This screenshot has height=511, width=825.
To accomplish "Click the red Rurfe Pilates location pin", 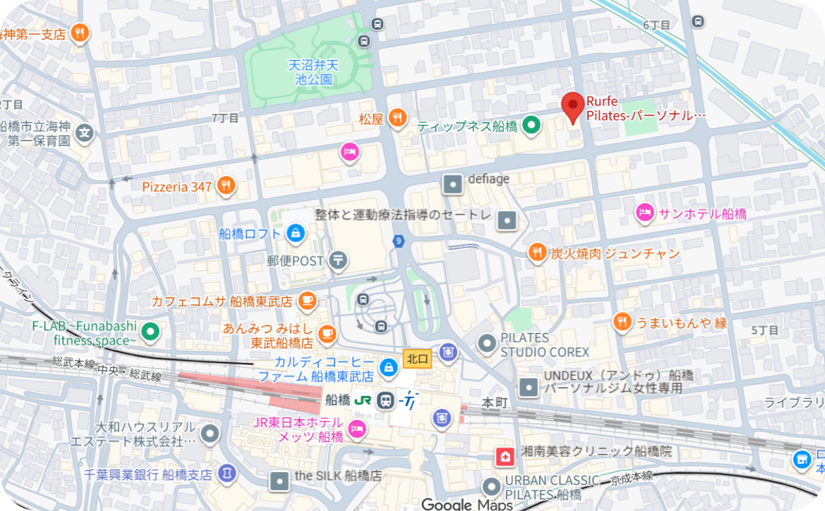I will [x=573, y=106].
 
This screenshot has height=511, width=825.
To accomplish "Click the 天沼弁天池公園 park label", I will [x=313, y=72].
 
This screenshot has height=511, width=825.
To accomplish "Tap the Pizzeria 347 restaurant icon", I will [x=226, y=187].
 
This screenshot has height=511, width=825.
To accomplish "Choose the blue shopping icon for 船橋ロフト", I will [x=295, y=234].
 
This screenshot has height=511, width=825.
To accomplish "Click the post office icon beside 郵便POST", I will [x=338, y=260].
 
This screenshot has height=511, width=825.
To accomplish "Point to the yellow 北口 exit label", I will [x=417, y=359].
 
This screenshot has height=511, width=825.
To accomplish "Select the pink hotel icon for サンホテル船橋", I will [x=645, y=213].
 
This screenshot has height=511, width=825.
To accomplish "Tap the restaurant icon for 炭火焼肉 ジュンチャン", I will [x=537, y=253].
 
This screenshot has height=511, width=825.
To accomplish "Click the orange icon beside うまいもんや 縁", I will [x=622, y=322].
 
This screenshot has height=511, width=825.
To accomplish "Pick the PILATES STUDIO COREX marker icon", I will [x=487, y=344].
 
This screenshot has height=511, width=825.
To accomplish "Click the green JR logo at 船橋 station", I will [x=363, y=400].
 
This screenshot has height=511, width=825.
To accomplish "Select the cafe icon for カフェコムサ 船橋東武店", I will [x=307, y=301].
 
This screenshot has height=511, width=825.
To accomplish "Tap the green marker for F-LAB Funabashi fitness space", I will [x=151, y=332].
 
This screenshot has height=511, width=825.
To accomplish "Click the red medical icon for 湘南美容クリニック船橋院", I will [x=505, y=456].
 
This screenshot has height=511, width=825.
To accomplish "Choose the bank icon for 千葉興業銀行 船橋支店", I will [x=227, y=474].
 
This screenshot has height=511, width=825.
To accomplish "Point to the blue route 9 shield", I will [x=398, y=241].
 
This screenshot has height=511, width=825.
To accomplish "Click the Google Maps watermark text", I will [x=467, y=504].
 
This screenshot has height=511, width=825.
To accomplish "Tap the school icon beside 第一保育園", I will [x=85, y=133].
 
